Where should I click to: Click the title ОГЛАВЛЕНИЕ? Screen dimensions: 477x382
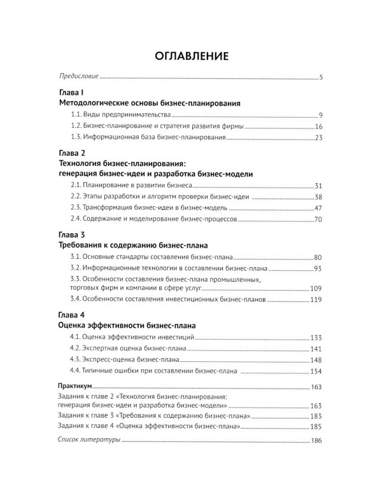tap(191, 56)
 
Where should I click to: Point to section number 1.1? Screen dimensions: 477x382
tap(76, 115)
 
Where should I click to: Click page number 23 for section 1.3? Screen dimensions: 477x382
tap(320, 138)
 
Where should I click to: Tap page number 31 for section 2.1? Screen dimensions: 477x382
tap(320, 186)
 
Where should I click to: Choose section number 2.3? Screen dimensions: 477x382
tap(76, 209)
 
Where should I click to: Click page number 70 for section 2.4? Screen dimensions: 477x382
tap(320, 220)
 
